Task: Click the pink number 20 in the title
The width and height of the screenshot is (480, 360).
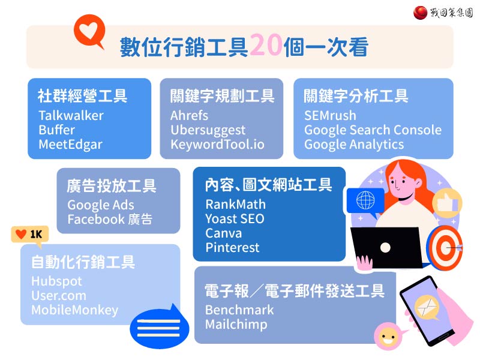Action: click(x=266, y=44)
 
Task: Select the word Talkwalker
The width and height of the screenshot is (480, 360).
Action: click(x=71, y=116)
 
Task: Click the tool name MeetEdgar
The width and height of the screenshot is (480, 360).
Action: click(x=70, y=145)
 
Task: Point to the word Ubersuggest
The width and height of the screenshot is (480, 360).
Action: click(x=208, y=130)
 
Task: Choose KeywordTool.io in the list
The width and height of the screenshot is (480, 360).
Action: click(x=217, y=145)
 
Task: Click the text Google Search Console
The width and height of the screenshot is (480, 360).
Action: click(x=373, y=130)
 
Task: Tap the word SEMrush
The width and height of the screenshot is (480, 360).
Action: click(x=331, y=116)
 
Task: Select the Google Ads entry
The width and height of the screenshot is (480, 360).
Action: click(x=101, y=205)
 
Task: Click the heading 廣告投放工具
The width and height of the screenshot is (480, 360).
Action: click(x=112, y=186)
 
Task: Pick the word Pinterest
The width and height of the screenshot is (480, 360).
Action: click(x=232, y=247)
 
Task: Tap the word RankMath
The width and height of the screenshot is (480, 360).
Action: click(x=235, y=204)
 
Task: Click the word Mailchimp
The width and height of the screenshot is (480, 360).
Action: click(x=236, y=325)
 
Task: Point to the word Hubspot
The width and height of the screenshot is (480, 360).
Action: click(x=56, y=281)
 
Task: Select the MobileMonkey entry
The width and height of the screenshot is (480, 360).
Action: click(x=74, y=310)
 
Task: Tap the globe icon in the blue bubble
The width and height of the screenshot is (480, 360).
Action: click(x=365, y=200)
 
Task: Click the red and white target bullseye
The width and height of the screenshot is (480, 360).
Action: click(x=445, y=247)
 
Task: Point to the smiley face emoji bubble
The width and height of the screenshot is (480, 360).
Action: click(x=387, y=336)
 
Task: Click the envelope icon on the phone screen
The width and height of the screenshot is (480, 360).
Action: click(x=427, y=307)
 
